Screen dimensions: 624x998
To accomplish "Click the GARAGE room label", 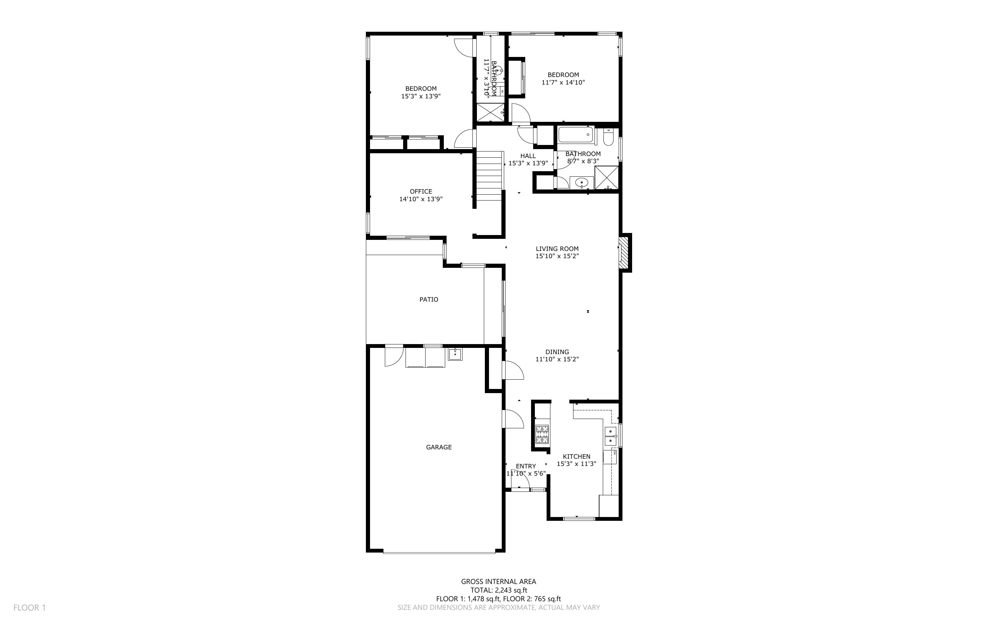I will tap(439, 447).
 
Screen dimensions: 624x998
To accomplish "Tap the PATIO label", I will tap(429, 300).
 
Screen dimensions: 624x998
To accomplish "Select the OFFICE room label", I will tap(421, 192).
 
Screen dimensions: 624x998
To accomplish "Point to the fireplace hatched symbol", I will tap(625, 252).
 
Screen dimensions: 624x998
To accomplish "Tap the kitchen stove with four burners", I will tap(542, 434).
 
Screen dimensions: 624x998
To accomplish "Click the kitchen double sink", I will tap(610, 436).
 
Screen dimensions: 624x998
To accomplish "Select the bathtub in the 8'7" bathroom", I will tap(576, 135).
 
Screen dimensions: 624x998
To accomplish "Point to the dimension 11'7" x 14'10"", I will tap(563, 82).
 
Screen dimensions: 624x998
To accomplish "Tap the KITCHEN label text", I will tap(576, 457).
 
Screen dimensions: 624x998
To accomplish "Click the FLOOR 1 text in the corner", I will tap(29, 607).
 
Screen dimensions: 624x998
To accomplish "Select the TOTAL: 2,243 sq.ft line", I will tap(498, 590).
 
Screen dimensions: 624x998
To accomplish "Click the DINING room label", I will tap(557, 352).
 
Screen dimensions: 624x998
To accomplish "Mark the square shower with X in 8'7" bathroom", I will tap(607, 177).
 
